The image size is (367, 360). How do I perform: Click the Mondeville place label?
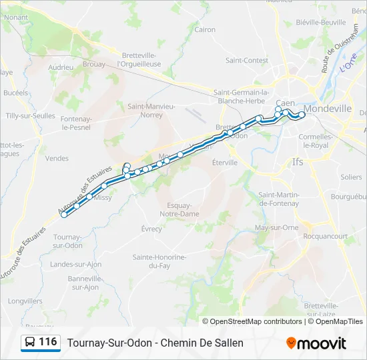(327, 108)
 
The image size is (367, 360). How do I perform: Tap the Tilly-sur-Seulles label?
(30, 115)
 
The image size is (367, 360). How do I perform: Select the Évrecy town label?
(151, 229)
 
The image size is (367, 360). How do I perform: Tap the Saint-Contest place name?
(246, 60)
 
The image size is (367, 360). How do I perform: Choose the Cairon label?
(204, 29)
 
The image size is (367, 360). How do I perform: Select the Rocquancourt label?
(325, 236)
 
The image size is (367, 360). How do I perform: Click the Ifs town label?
(298, 161)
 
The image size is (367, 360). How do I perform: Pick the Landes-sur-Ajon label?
(76, 264)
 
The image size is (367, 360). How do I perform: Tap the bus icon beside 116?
(30, 343)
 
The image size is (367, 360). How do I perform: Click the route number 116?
(47, 342)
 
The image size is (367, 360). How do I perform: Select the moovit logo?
(316, 343)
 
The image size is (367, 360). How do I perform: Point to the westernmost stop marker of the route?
(64, 214)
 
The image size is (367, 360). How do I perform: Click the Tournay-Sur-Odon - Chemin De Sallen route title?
(155, 343)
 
